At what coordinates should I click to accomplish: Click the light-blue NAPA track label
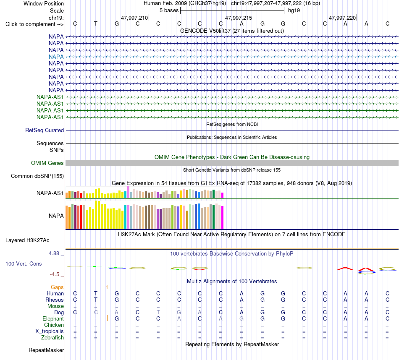pyautogui.click(x=56, y=57)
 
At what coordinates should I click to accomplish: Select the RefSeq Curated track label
pyautogui.click(x=45, y=130)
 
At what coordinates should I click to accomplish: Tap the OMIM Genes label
pyautogui.click(x=47, y=163)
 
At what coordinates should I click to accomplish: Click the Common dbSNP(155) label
pyautogui.click(x=37, y=176)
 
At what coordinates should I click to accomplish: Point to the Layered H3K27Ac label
pyautogui.click(x=27, y=240)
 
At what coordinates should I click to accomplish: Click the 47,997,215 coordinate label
pyautogui.click(x=239, y=18)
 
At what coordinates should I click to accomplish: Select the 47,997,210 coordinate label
pyautogui.click(x=134, y=18)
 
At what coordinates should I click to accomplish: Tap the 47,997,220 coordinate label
pyautogui.click(x=342, y=18)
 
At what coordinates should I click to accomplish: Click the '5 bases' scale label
pyautogui.click(x=169, y=10)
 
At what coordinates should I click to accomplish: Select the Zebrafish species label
pyautogui.click(x=52, y=338)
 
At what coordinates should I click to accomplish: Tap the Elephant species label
pyautogui.click(x=53, y=319)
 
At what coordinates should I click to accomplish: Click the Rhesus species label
pyautogui.click(x=55, y=300)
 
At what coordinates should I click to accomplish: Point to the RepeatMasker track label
pyautogui.click(x=46, y=350)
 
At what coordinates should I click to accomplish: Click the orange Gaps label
pyautogui.click(x=57, y=287)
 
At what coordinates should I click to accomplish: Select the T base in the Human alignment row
pyautogui.click(x=96, y=293)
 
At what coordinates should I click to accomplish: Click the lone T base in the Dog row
pyautogui.click(x=158, y=312)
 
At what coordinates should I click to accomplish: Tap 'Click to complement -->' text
pyautogui.click(x=34, y=24)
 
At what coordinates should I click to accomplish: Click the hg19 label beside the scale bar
pyautogui.click(x=294, y=10)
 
